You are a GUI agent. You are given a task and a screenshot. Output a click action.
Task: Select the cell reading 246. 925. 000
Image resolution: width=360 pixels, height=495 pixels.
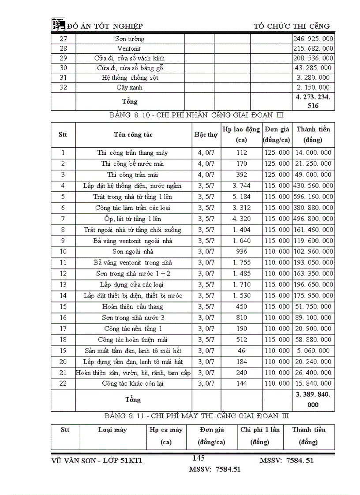pyautogui.click(x=313, y=39)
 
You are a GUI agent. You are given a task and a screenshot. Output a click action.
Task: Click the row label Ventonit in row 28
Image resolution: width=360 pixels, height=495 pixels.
pyautogui.click(x=129, y=48)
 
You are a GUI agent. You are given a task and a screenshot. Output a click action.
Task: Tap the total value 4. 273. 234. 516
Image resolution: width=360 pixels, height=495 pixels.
pyautogui.click(x=313, y=101)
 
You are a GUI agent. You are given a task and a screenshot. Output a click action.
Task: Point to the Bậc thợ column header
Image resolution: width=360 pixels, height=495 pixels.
pyautogui.click(x=206, y=134)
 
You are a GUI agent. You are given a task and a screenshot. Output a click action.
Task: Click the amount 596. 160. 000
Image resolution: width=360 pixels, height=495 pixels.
pyautogui.click(x=313, y=197)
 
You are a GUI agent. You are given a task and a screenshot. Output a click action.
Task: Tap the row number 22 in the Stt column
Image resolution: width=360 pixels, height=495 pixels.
pyautogui.click(x=63, y=383)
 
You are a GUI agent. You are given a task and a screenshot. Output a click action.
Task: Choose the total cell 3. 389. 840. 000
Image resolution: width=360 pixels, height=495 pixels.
pyautogui.click(x=313, y=400)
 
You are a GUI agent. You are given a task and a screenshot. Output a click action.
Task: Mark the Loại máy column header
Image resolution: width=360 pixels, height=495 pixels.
pyautogui.click(x=112, y=430)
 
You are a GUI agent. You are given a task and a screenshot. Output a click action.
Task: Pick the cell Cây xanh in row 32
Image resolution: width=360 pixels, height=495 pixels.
pyautogui.click(x=129, y=87)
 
